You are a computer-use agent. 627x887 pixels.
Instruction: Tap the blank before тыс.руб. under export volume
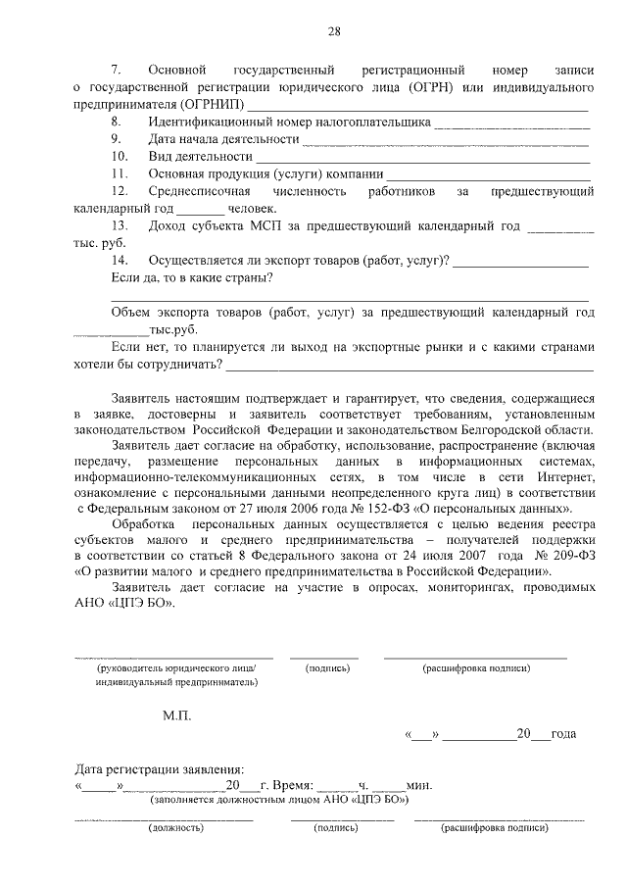pos(112,331)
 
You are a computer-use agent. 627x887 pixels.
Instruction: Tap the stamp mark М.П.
pos(177,715)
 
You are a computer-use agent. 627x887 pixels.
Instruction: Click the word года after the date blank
pos(563,734)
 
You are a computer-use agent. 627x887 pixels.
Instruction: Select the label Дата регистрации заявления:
pos(156,769)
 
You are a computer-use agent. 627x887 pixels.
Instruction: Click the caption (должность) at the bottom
pos(176,828)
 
